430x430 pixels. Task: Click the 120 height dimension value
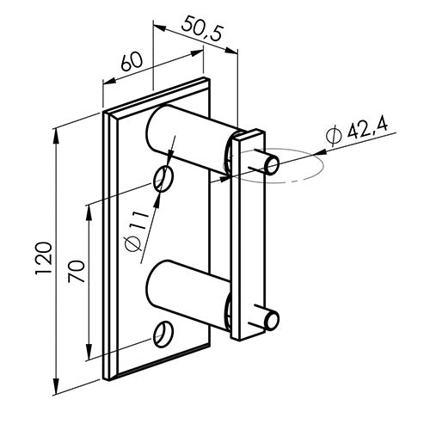[x=46, y=258]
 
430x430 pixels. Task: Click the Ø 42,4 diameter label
[x=359, y=130]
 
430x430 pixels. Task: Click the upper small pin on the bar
[x=268, y=163]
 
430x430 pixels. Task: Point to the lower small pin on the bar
[x=269, y=320]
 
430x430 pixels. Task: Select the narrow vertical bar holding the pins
[x=248, y=232]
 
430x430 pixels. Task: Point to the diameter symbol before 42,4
[x=335, y=135]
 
